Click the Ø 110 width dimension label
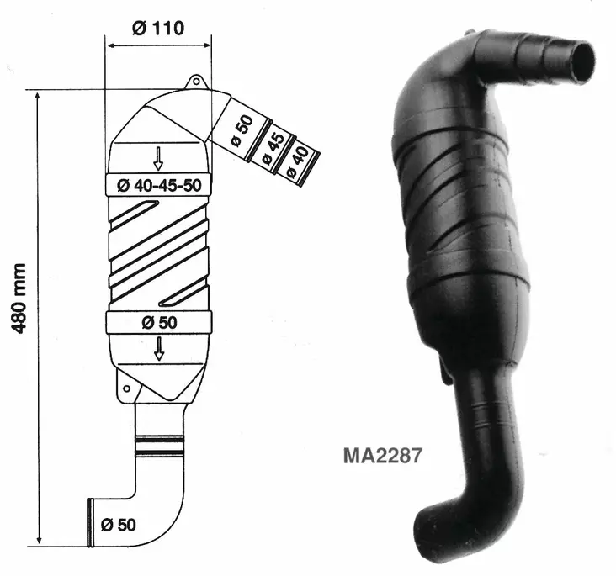tap(158, 26)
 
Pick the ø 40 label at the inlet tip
tap(297, 160)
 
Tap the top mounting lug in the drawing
tap(195, 82)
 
